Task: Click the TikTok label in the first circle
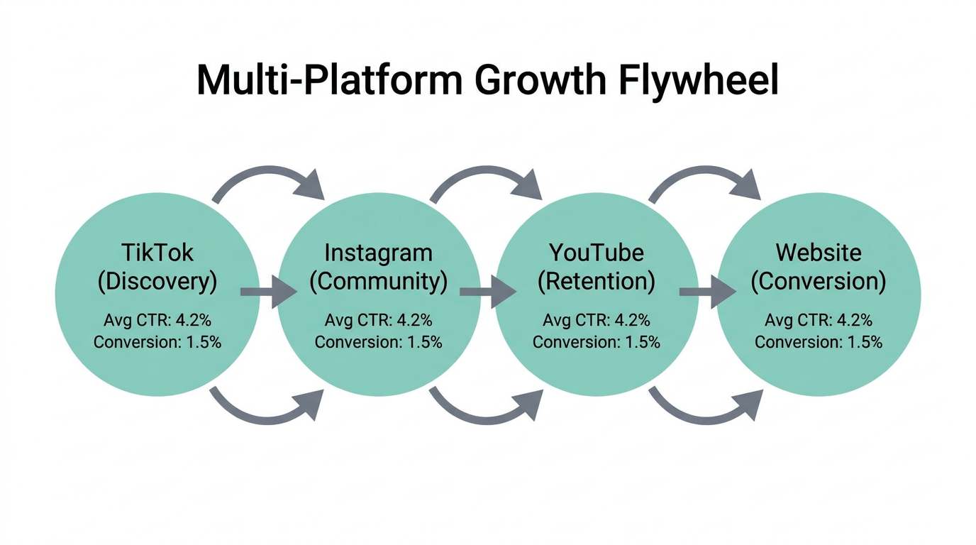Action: pyautogui.click(x=157, y=253)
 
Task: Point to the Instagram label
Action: pyautogui.click(x=378, y=253)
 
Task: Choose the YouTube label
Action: pyautogui.click(x=596, y=253)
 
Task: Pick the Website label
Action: pyautogui.click(x=819, y=253)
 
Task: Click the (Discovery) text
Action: pyautogui.click(x=157, y=282)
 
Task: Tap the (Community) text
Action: pyautogui.click(x=378, y=282)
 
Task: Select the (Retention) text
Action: pyautogui.click(x=596, y=282)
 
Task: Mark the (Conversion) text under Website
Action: pyautogui.click(x=819, y=282)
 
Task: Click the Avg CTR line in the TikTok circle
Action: pyautogui.click(x=157, y=320)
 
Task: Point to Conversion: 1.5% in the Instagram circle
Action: pyautogui.click(x=378, y=342)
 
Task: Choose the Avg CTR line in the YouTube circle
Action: pyautogui.click(x=596, y=320)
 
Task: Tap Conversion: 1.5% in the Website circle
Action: pyautogui.click(x=819, y=342)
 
